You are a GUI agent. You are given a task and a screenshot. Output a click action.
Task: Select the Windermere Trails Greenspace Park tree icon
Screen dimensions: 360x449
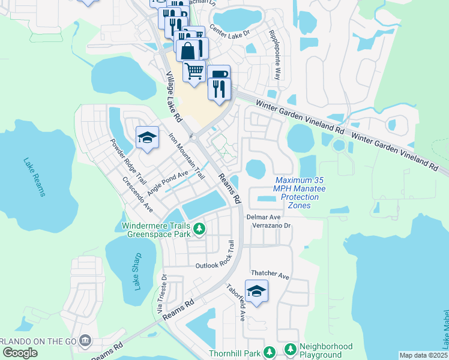click(199, 229)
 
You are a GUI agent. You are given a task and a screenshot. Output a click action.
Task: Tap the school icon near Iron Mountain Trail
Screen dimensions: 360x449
click(146, 137)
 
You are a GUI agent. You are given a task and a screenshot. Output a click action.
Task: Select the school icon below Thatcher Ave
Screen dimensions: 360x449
click(256, 291)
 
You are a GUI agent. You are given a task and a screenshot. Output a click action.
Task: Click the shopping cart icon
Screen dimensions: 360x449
click(194, 71)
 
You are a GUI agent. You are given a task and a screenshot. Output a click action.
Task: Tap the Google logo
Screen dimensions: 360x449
click(20, 353)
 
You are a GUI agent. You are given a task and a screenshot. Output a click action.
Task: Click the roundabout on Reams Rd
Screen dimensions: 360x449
click(196, 137)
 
